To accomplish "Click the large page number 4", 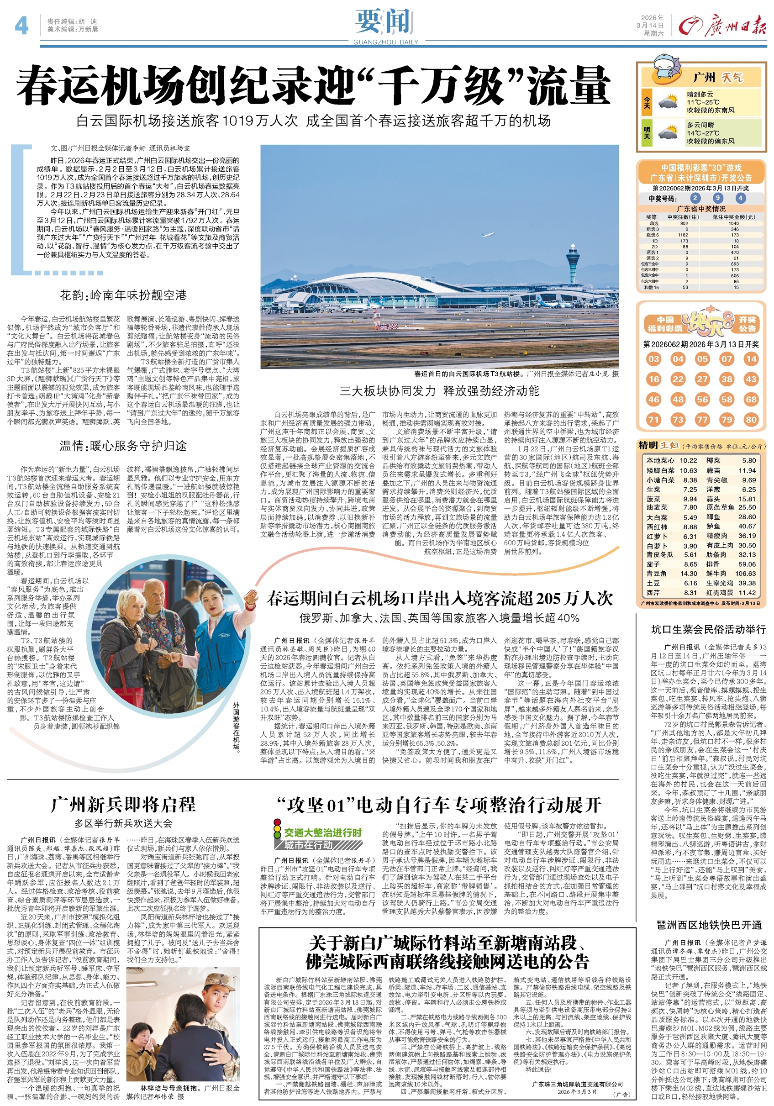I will [x=21, y=25].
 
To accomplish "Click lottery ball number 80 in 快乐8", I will [x=751, y=419].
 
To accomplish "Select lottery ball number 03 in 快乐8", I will [x=653, y=359].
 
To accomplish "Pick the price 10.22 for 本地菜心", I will [x=688, y=460].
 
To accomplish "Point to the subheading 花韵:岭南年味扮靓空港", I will [x=123, y=295].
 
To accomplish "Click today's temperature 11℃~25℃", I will [x=703, y=103].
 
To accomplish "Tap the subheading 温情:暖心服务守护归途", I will [x=123, y=446].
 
